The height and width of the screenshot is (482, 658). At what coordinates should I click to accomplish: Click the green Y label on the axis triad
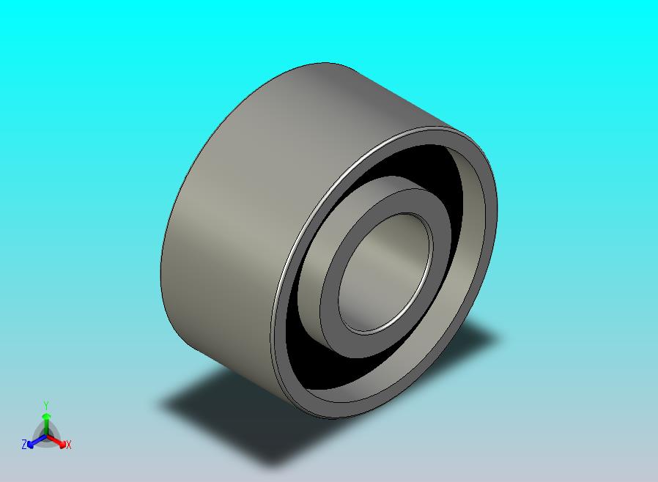tap(45, 405)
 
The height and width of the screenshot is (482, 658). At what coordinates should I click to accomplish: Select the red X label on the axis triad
tap(68, 445)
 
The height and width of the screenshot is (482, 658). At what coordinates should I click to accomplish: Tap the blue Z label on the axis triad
tap(24, 444)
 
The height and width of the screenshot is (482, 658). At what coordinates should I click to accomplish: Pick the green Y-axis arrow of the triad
tap(45, 422)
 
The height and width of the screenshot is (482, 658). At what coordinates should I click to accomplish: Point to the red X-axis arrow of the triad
tap(58, 441)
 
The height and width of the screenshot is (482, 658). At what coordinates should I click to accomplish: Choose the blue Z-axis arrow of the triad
tap(34, 441)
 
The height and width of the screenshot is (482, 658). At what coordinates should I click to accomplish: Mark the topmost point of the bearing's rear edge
tap(322, 63)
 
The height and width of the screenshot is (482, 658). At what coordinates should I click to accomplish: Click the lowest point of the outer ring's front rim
tap(333, 418)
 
